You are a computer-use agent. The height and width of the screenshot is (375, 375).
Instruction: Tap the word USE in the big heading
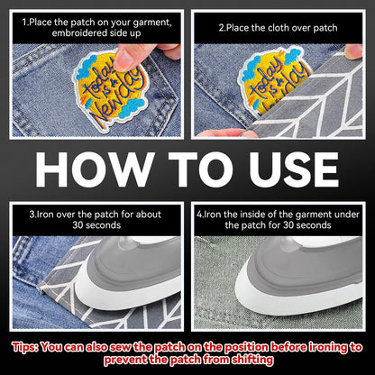tap(294, 169)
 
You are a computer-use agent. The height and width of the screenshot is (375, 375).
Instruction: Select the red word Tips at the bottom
tap(25, 347)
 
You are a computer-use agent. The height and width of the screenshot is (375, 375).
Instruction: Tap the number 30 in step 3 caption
tap(78, 225)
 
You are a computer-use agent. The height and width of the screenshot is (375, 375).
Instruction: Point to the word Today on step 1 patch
tap(99, 79)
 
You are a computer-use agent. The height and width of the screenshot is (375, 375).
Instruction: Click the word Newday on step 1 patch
tap(116, 102)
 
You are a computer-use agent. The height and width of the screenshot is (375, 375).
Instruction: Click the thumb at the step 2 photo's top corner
tap(353, 51)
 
